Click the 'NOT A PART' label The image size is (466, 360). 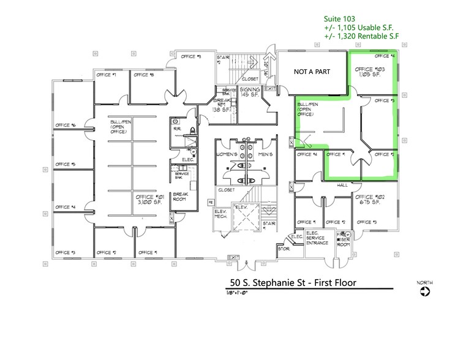click(x=312, y=72)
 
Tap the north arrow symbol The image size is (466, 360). click(x=425, y=292)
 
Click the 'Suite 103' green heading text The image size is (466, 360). click(x=339, y=18)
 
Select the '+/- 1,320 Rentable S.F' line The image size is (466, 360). click(x=361, y=37)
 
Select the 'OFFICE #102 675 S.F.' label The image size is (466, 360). click(x=369, y=201)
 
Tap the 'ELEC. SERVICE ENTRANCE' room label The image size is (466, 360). click(x=318, y=238)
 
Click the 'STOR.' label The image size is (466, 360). click(x=283, y=249)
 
